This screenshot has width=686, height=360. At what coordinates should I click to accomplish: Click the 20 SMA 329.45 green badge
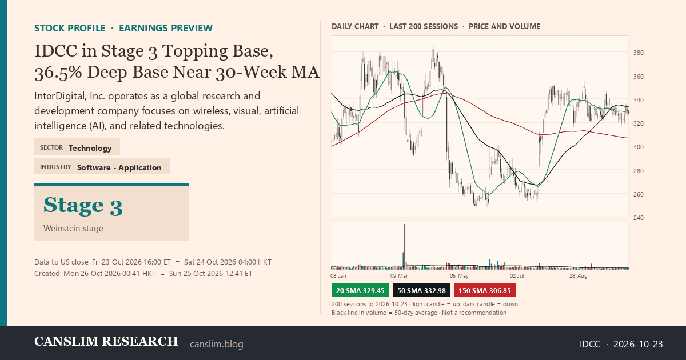coord(360,290)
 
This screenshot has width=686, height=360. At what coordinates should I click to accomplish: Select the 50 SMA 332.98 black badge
coord(421,290)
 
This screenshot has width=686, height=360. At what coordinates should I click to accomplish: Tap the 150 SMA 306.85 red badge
coord(485,290)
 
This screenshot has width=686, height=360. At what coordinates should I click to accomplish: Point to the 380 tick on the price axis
coord(639,53)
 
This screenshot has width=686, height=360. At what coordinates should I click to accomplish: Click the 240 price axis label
coord(639,218)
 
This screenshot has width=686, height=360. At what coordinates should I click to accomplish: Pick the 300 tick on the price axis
coord(639,147)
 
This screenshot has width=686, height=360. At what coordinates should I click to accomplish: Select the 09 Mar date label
coord(399,276)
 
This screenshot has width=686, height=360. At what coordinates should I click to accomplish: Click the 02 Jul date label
coord(517,276)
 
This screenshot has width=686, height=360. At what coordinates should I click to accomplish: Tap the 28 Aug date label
coord(578,276)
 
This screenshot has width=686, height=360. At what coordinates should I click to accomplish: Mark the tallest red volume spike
coord(405,246)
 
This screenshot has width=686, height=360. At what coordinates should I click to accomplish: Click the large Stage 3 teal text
coord(83,205)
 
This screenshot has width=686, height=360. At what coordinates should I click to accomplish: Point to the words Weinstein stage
coord(73,229)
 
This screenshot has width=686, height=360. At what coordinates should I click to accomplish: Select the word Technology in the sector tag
coord(90,148)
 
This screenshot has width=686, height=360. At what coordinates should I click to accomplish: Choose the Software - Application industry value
coord(119,167)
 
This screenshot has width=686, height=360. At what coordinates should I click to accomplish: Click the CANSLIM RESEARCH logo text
coord(106,341)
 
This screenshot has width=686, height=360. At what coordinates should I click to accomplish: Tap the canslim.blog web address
coord(217,344)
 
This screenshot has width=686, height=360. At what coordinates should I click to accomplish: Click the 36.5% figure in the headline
coord(58,72)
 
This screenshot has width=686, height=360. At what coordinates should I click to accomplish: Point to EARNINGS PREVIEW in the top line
coord(166,28)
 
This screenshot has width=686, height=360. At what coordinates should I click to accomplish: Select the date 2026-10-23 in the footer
coord(638,344)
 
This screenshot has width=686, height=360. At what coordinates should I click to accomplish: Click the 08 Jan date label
coord(338,276)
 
